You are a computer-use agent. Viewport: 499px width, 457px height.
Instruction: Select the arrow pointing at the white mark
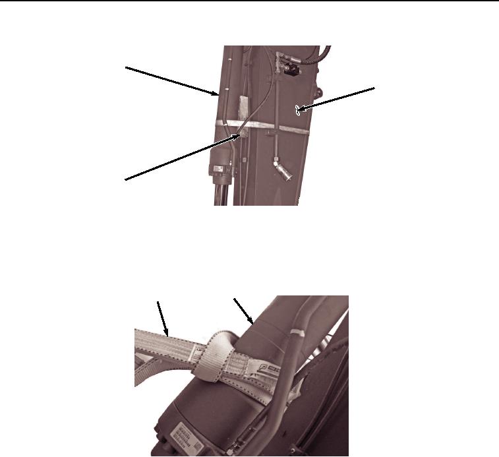336,99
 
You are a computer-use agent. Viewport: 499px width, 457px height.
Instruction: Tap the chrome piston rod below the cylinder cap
223,194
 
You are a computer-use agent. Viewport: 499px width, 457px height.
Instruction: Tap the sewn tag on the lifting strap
268,381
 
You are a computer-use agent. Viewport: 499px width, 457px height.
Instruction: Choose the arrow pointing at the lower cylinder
245,311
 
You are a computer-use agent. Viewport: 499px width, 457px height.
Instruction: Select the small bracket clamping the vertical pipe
270,135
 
